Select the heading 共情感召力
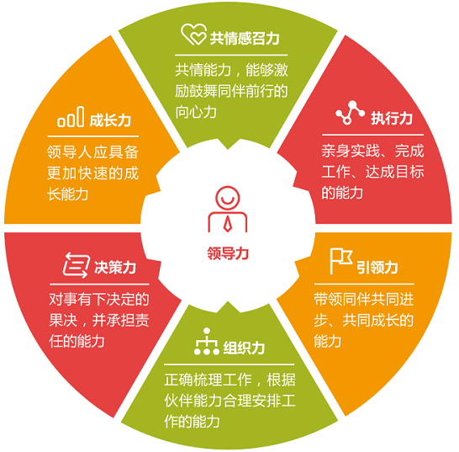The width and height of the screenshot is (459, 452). (x=245, y=39)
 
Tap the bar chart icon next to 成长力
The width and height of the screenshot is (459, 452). (x=71, y=117)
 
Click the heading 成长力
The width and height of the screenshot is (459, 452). (x=110, y=120)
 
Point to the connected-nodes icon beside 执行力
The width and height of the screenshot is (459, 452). (x=350, y=113)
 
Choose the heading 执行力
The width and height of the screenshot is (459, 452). (x=392, y=118)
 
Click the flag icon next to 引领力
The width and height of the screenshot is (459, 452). (x=341, y=261)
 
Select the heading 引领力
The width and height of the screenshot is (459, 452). (x=377, y=267)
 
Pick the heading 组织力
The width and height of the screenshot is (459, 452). (x=244, y=348)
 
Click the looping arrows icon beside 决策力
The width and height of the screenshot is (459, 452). (x=76, y=265)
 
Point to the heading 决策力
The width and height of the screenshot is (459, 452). (x=115, y=267)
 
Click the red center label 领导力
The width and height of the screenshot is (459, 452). (x=228, y=253)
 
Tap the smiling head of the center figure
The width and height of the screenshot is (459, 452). (x=228, y=198)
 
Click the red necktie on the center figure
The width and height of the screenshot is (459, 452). (x=228, y=224)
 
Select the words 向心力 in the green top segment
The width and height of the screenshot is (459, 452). (x=196, y=112)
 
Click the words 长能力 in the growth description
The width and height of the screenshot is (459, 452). (x=68, y=194)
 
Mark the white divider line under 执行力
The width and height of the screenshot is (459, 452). (x=372, y=135)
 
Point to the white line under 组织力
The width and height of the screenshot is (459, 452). (x=229, y=364)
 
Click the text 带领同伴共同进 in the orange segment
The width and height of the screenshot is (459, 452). (x=364, y=300)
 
